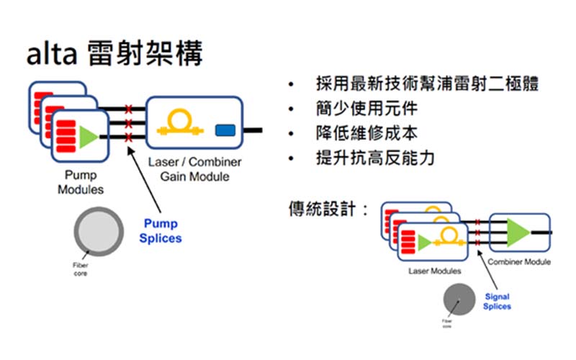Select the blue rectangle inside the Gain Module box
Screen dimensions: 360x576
coord(227,130)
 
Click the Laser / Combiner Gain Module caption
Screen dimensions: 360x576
coord(194,170)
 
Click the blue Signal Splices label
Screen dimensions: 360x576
coord(498,301)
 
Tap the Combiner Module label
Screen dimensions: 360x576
coord(518,262)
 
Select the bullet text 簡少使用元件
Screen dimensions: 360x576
coord(366,109)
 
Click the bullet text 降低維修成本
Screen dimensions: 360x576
coord(366,134)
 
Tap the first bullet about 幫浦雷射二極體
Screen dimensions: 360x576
coord(426,84)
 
